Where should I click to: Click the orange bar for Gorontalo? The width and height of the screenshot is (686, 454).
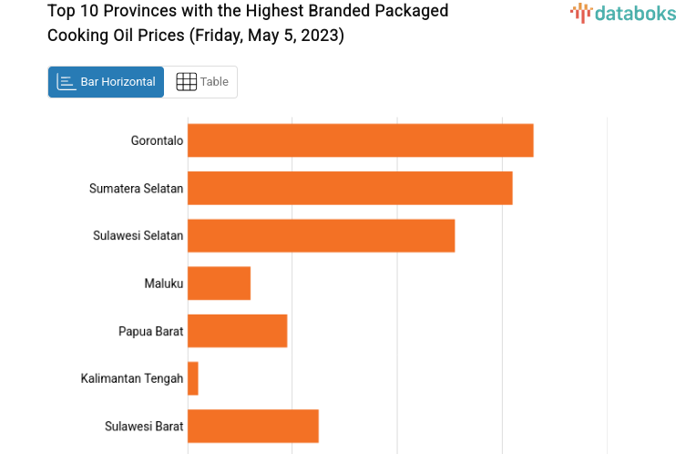tap(360, 140)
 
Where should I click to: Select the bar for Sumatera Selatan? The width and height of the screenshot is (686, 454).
tap(350, 188)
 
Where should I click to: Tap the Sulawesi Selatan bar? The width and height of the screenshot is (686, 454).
tap(321, 235)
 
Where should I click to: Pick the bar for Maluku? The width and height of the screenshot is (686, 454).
tap(219, 283)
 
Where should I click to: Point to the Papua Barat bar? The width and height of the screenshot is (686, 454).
tap(237, 330)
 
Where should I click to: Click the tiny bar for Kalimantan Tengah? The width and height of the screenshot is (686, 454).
tap(193, 378)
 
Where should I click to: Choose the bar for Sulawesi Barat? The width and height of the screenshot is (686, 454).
tap(252, 426)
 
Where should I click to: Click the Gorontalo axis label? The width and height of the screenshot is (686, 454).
tap(157, 140)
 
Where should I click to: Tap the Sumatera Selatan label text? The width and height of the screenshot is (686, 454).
tap(136, 189)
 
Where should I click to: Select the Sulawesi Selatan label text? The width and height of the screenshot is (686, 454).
tap(138, 235)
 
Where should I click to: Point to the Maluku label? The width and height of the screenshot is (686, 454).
tap(164, 284)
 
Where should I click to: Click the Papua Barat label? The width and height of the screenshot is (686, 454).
tap(150, 331)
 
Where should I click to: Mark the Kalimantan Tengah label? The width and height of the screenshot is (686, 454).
tap(131, 378)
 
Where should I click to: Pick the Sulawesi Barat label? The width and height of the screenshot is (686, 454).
tap(144, 426)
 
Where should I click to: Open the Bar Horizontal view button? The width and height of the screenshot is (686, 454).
tap(107, 82)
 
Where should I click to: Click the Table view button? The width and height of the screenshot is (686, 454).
tap(201, 82)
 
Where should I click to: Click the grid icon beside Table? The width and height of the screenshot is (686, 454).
tap(186, 82)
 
